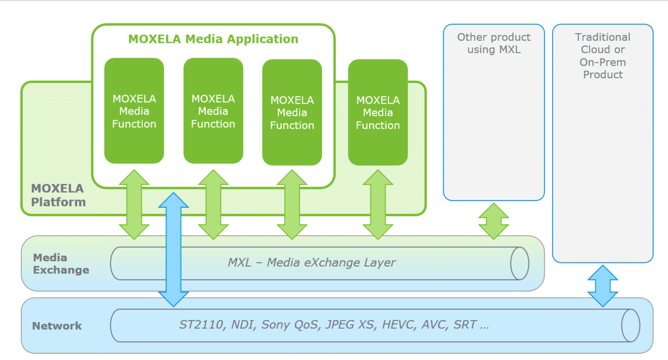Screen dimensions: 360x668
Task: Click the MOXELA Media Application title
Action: coord(213,39)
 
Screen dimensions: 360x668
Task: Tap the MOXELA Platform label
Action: coord(58,195)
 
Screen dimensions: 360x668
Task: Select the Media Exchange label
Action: coord(61,264)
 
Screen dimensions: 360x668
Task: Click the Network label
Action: coord(57,326)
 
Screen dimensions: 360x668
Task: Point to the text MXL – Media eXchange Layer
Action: coord(311,263)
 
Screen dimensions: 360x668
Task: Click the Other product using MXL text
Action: coord(494,43)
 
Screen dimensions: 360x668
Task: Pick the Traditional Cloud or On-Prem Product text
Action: coord(603,56)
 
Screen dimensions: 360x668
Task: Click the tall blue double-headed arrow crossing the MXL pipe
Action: coord(173,249)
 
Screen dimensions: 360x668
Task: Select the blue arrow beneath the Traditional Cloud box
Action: coord(603,286)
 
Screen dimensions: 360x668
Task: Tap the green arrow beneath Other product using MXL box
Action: coord(494,221)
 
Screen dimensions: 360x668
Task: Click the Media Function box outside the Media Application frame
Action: coord(378,112)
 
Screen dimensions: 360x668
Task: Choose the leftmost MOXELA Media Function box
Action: coord(134,111)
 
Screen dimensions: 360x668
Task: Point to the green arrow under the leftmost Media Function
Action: coord(134,204)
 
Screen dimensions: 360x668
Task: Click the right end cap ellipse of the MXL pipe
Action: coord(519,264)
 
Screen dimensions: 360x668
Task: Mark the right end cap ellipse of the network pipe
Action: coord(630,326)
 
